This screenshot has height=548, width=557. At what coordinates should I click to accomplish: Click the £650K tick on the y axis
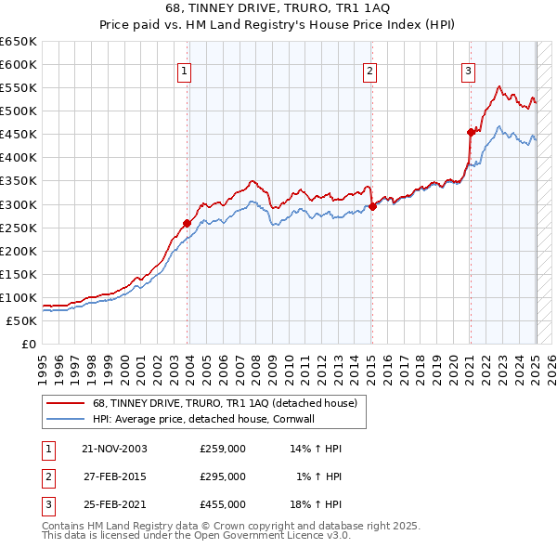(x=19, y=42)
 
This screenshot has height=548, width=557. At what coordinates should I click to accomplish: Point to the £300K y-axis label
(x=19, y=204)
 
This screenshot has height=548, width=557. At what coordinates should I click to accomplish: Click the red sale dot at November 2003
(x=187, y=223)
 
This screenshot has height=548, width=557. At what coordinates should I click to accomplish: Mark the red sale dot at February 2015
(x=371, y=206)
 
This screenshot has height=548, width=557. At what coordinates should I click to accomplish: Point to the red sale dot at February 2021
(x=471, y=132)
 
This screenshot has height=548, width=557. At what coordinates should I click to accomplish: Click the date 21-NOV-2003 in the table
(x=115, y=449)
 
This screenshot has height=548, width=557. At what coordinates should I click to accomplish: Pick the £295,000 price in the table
(x=223, y=476)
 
